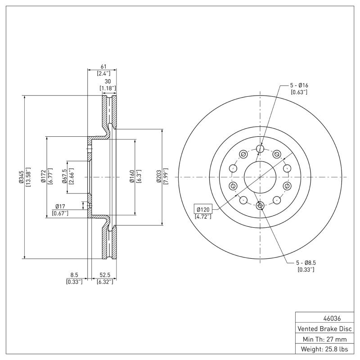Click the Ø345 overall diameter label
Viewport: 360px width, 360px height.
pyautogui.click(x=21, y=177)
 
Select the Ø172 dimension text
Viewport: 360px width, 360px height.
pyautogui.click(x=43, y=177)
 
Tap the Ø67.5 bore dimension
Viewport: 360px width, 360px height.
pyautogui.click(x=64, y=177)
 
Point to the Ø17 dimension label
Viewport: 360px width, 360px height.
pyautogui.click(x=61, y=206)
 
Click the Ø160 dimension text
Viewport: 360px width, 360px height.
pyautogui.click(x=132, y=177)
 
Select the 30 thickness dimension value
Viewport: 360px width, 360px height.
pyautogui.click(x=108, y=81)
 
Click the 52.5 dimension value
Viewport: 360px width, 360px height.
pyautogui.click(x=105, y=275)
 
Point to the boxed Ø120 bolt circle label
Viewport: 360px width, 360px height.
pyautogui.click(x=203, y=209)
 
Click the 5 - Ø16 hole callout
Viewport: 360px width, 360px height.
pyautogui.click(x=299, y=85)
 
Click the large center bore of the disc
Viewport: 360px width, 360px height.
pyautogui.click(x=260, y=177)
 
